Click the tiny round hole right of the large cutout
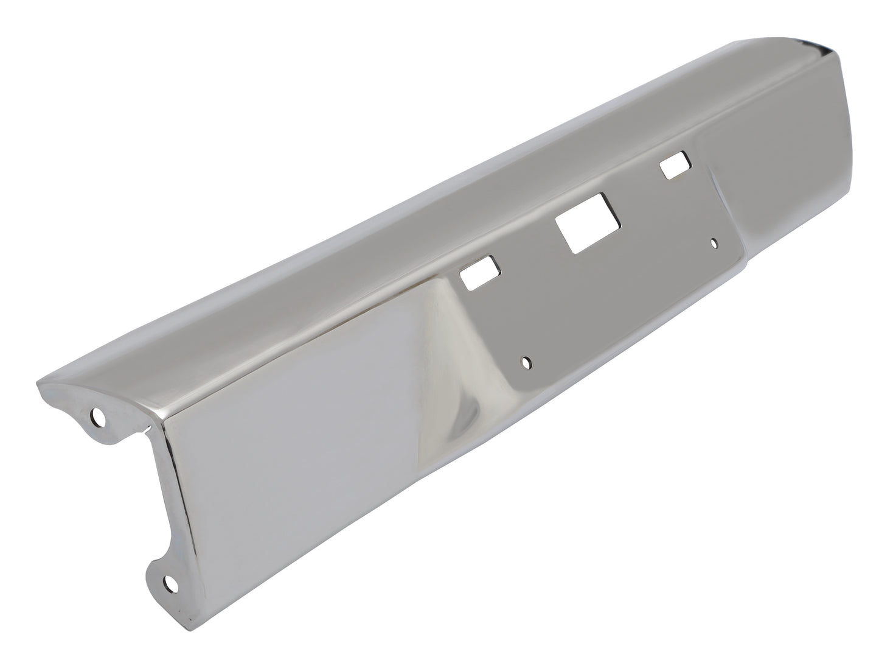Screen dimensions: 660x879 (x=715, y=243)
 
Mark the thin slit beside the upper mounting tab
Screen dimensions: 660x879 (x=144, y=433)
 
